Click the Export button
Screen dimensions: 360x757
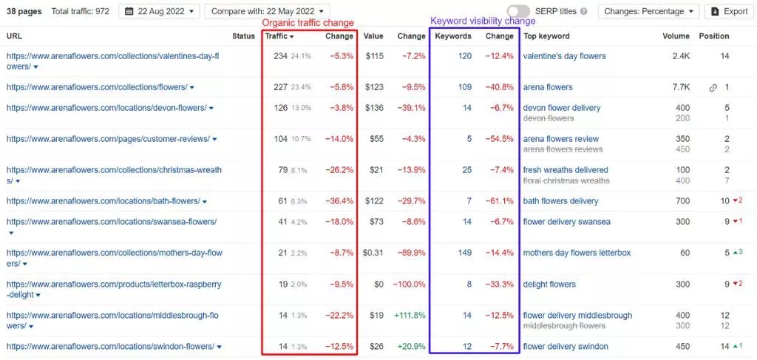[x=726, y=11]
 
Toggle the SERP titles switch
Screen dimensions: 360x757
[x=518, y=11]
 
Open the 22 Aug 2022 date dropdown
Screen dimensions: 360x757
[x=159, y=11]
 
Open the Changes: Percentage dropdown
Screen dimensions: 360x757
[x=648, y=11]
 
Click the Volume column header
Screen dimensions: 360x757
[x=676, y=36]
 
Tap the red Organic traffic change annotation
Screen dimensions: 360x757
[x=308, y=23]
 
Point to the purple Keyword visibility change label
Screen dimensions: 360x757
[x=472, y=21]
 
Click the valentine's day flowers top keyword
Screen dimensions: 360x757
[x=564, y=56]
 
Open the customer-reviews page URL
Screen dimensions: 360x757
[x=108, y=139]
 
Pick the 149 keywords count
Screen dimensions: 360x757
[x=464, y=253]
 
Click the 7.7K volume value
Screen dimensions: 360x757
[x=679, y=87]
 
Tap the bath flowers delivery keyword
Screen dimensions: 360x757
[x=560, y=201]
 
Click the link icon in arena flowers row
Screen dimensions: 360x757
[x=713, y=87]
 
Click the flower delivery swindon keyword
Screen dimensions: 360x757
[x=565, y=347]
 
